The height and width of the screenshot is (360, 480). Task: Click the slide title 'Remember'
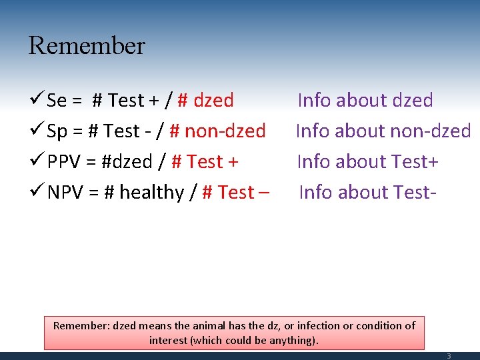[x=87, y=46]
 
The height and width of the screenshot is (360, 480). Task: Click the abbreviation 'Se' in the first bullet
[x=57, y=101]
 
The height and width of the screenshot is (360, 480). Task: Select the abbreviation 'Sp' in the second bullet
[x=58, y=131]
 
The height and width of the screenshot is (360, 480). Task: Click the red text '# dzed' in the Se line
[x=205, y=101]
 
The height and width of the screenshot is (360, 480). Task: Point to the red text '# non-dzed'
[x=218, y=131]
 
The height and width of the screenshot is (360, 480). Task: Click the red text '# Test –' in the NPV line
[x=236, y=193]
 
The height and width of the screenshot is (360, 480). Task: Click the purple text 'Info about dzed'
[x=365, y=101]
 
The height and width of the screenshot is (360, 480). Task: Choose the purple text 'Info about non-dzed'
[x=383, y=131]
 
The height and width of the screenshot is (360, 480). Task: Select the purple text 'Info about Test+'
[x=367, y=162]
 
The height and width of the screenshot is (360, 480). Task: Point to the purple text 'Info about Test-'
[x=368, y=193]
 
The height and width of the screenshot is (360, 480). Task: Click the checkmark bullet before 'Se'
[x=37, y=101]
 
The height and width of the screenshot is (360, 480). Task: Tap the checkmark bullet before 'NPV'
[x=37, y=193]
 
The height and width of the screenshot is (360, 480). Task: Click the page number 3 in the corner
[x=449, y=356]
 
